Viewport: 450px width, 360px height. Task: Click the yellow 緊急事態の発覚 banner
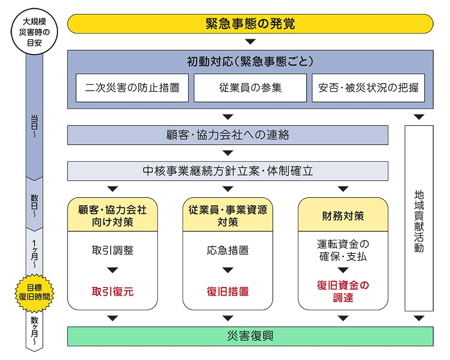[x=250, y=24]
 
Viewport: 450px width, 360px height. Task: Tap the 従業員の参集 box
[x=250, y=88]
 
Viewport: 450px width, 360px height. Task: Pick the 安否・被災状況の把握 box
[x=368, y=88]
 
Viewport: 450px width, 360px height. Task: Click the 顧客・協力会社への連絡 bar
[x=228, y=135]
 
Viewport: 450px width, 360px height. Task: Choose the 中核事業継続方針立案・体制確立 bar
[x=228, y=171]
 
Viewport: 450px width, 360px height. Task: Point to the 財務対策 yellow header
[x=343, y=216]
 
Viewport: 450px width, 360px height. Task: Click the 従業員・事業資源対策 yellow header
[x=228, y=216]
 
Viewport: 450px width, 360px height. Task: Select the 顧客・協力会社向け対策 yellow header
[x=112, y=216]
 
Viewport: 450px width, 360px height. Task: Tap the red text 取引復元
[x=112, y=291]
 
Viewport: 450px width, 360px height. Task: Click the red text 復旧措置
[x=228, y=291]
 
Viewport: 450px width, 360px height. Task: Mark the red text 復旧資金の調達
[x=343, y=291]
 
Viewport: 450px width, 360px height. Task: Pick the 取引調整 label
[x=112, y=250]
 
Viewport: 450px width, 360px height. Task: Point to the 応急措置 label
[x=228, y=250]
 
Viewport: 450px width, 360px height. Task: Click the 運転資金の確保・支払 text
[x=343, y=250]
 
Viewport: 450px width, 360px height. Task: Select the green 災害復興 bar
[x=250, y=336]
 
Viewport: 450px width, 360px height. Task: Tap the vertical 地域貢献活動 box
[x=419, y=218]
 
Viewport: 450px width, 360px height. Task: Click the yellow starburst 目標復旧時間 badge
[x=34, y=292]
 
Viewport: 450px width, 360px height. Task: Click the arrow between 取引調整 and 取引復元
[x=112, y=270]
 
